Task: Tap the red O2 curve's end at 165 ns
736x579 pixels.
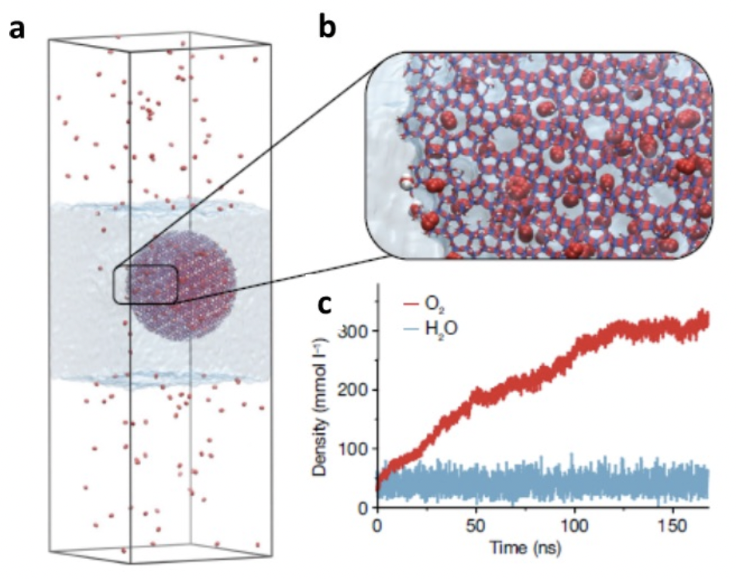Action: click(707, 317)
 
